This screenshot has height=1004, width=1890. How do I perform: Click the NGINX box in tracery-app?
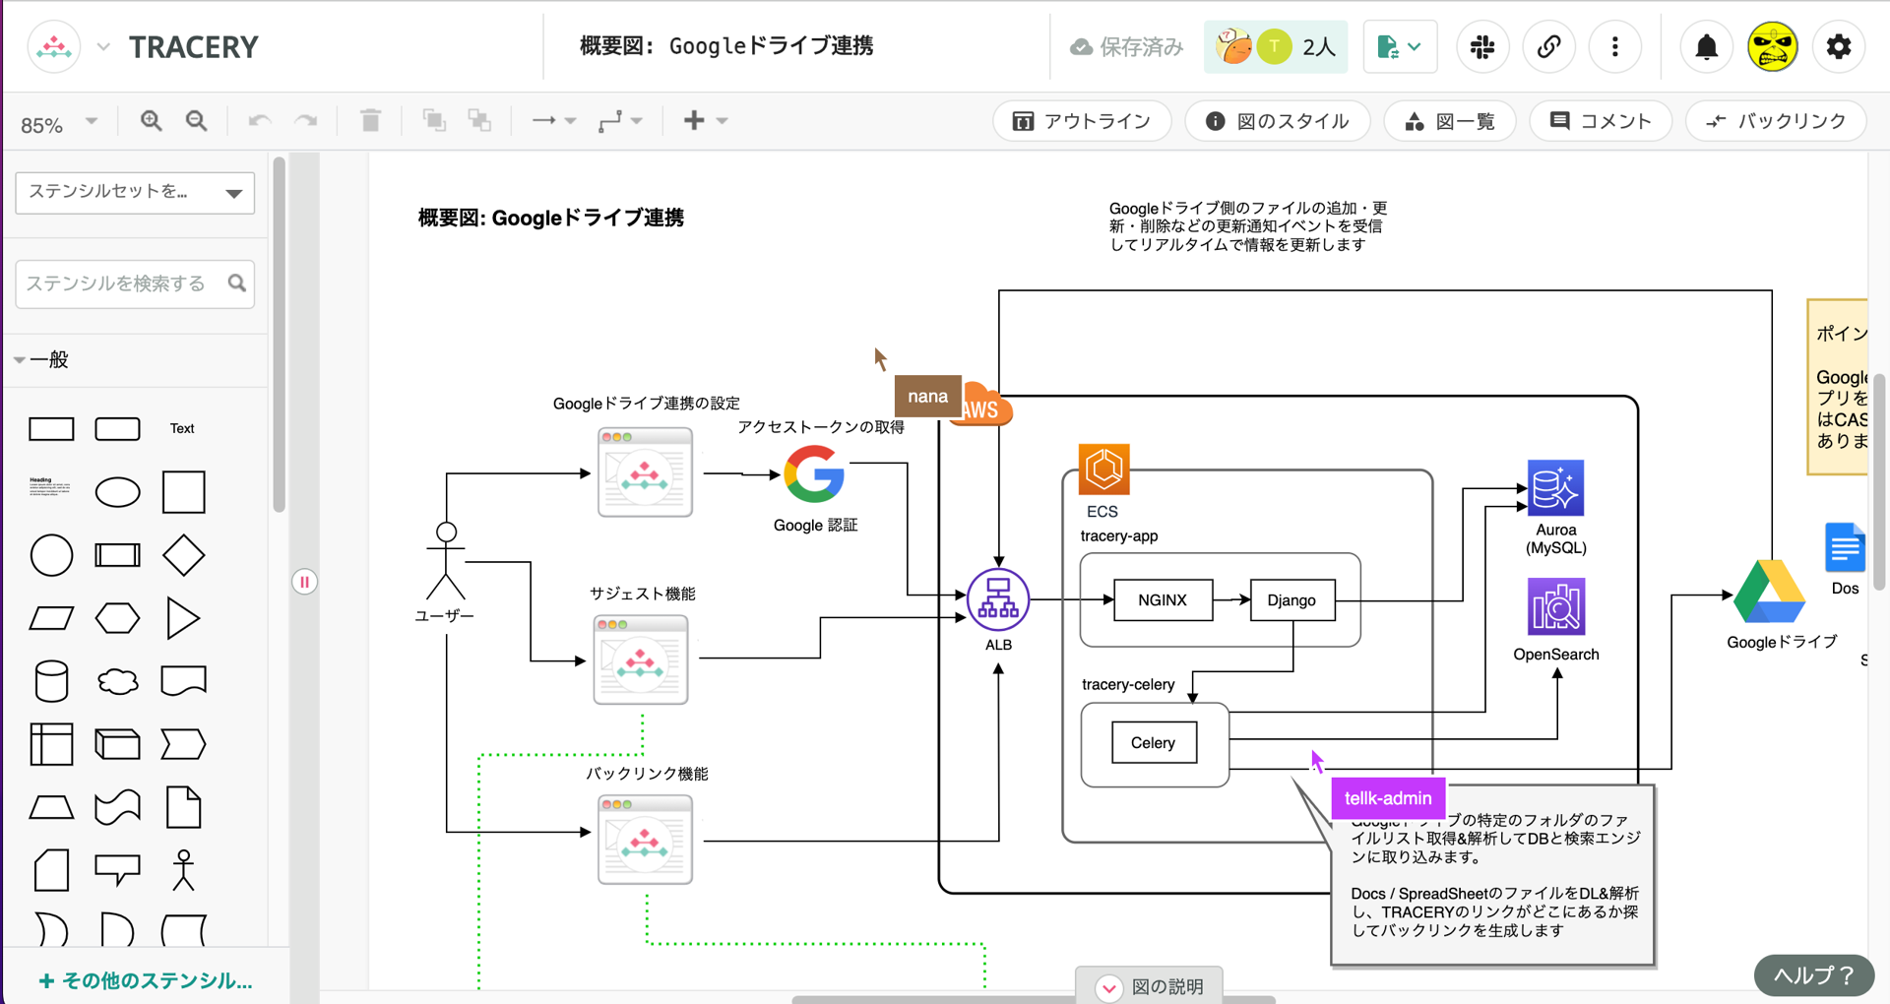coord(1163,600)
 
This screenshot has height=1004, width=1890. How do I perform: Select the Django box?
coord(1291,600)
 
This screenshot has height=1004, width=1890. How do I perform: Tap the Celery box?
coord(1153,743)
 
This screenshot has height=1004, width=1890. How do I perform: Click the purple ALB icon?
coord(998,599)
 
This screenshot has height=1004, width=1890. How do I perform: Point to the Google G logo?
coord(814,474)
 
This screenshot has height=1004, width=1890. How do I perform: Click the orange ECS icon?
coord(1103,470)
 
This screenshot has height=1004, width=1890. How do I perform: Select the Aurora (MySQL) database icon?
coord(1555,488)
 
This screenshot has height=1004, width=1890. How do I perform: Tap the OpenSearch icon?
coord(1555,606)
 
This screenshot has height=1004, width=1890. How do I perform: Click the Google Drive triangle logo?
coord(1769,593)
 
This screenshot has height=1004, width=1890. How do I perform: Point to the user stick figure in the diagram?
coord(446,561)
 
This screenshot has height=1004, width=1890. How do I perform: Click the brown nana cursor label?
coord(927,397)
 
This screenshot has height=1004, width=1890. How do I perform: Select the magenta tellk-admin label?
coord(1388,798)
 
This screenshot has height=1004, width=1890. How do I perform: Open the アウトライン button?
coord(1082,121)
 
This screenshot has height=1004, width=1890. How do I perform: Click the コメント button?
coord(1601,121)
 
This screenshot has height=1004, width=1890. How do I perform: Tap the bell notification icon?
coord(1707,47)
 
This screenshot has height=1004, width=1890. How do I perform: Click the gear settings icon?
coord(1838,47)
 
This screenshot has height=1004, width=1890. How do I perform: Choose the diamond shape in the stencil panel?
coord(183,555)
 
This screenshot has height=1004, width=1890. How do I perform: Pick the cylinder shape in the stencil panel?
coord(51,681)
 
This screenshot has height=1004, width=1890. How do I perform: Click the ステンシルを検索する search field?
coord(123,283)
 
